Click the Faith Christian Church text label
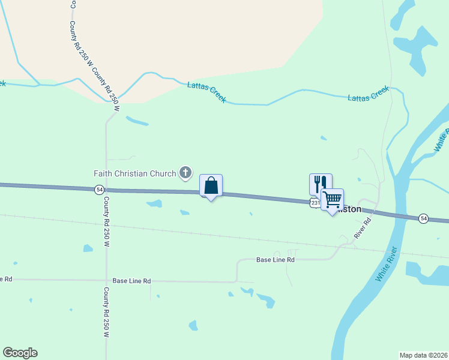pyautogui.click(x=135, y=173)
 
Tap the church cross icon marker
pyautogui.click(x=186, y=173)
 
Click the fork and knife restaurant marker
pyautogui.click(x=320, y=184)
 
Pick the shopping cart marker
pyautogui.click(x=332, y=199)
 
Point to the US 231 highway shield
pyautogui.click(x=315, y=203)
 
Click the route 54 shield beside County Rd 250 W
pyautogui.click(x=99, y=190)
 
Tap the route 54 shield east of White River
pyautogui.click(x=424, y=218)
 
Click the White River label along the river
pyautogui.click(x=387, y=265)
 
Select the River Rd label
pyautogui.click(x=363, y=228)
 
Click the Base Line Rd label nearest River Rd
pyautogui.click(x=276, y=260)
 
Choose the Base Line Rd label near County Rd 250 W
pyautogui.click(x=131, y=280)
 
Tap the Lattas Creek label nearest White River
pyautogui.click(x=369, y=94)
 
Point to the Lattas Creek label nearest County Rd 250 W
pyautogui.click(x=206, y=92)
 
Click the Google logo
pyautogui.click(x=20, y=353)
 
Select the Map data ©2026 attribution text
pyautogui.click(x=424, y=355)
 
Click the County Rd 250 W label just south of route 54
pyautogui.click(x=106, y=222)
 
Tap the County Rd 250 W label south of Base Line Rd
pyautogui.click(x=106, y=312)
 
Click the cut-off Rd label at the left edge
pyautogui.click(x=5, y=279)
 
